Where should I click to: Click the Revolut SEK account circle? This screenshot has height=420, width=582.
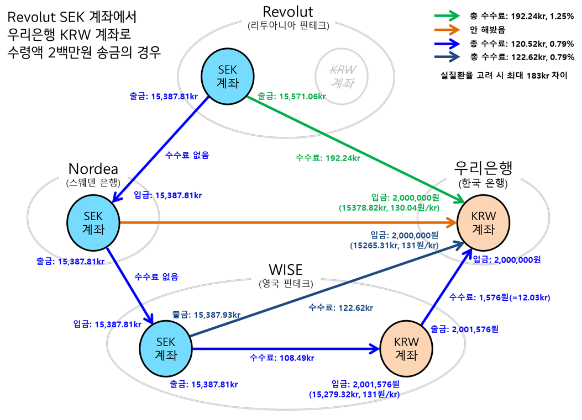click(228, 77)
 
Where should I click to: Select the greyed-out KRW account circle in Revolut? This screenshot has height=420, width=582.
click(342, 77)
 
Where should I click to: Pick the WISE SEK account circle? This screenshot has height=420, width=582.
click(165, 348)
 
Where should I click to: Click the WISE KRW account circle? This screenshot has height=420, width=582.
click(406, 348)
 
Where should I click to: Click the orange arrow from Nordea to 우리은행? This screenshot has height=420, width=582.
click(287, 222)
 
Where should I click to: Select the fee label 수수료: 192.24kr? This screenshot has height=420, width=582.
click(328, 158)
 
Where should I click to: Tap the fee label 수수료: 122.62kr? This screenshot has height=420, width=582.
click(340, 307)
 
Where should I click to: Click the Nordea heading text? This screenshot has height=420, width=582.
click(93, 168)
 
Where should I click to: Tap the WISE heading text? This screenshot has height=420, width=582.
click(285, 270)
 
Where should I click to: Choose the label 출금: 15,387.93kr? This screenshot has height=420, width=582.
click(206, 315)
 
